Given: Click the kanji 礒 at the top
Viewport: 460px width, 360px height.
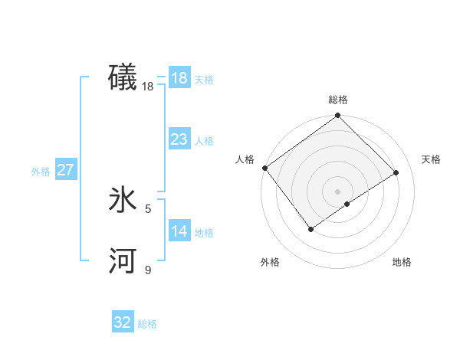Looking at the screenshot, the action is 123,78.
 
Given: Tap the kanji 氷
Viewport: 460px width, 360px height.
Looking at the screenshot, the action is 123,201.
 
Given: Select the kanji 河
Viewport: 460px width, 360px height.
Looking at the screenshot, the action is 123,262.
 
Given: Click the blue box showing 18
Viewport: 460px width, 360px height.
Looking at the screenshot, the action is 179,78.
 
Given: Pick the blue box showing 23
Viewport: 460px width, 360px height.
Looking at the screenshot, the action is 179,139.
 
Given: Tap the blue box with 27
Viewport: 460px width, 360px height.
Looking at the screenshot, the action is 65,170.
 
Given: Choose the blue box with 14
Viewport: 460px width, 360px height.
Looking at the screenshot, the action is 179,231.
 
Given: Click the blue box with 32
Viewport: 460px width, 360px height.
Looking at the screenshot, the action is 123,322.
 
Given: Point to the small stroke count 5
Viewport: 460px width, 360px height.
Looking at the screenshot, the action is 148,208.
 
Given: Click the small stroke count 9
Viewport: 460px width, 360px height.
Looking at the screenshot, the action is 148,270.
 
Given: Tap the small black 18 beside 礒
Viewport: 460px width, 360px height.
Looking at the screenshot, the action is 148,87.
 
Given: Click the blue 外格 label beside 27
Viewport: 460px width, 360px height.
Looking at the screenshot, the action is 41,172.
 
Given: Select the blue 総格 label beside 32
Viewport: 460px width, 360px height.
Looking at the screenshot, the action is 147,324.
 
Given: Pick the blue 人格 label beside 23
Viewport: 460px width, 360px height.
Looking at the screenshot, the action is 204,141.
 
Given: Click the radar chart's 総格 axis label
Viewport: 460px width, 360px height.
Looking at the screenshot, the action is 337,100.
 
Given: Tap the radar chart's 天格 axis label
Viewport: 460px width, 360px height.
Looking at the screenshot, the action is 431,159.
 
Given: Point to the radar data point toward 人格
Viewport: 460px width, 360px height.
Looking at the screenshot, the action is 264,168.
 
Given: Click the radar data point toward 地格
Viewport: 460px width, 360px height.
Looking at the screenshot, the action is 347,204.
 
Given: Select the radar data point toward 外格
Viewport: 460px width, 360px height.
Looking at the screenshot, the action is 311,228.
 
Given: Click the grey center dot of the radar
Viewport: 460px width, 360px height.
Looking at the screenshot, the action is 337,191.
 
